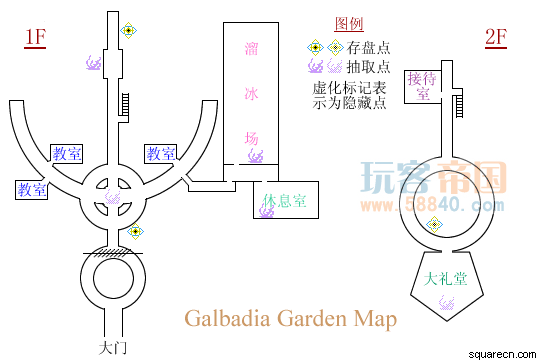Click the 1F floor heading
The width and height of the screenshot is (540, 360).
click(35, 37)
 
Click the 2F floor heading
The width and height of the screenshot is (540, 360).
click(496, 37)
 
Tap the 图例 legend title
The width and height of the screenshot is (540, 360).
click(349, 24)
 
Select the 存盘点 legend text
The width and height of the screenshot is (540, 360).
click(368, 48)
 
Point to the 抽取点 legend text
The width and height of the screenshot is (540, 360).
click(368, 66)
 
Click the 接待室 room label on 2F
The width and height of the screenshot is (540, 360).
click(423, 86)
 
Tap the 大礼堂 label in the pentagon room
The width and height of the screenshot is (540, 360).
click(445, 279)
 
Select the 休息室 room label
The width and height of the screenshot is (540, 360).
click(284, 200)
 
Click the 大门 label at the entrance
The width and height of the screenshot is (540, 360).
click(113, 348)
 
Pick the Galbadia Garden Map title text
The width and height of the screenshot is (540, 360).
click(291, 318)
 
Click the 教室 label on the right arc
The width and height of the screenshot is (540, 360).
click(161, 153)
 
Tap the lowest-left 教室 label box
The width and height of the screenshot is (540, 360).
click(32, 189)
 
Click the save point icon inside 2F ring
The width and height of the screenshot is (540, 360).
click(434, 225)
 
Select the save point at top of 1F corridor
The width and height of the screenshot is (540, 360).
click(128, 30)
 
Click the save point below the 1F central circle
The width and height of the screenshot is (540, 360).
click(135, 231)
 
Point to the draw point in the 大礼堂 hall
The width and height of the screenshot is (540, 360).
click(447, 303)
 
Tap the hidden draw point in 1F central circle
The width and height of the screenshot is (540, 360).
click(113, 197)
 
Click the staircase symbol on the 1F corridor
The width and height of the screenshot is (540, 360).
click(124, 104)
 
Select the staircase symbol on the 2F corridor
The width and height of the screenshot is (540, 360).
click(459, 106)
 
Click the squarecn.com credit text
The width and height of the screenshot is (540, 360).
click(502, 354)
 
